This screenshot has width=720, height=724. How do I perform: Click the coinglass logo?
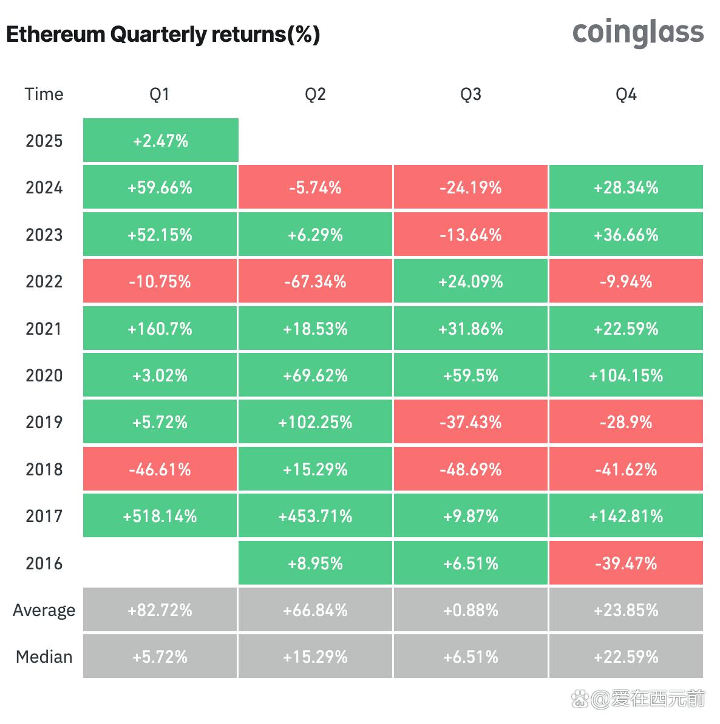coord(637,33)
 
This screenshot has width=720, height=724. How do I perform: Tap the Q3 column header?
coord(470,94)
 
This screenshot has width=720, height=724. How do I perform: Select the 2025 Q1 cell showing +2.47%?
coord(160,141)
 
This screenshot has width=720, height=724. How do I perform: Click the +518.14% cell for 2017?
coord(160,516)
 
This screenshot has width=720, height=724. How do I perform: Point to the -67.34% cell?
coord(316,281)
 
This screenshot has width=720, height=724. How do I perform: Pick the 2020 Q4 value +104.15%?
coord(626,375)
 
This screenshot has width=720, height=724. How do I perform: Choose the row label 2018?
coord(44,469)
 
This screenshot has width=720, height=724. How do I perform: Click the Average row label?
coord(44,610)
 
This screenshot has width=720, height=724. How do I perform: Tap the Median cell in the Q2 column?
coord(316,657)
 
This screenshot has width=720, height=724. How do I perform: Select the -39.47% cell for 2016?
coord(626,563)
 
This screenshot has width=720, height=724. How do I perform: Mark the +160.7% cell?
coord(160,329)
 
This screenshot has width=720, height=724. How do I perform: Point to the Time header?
coord(44,94)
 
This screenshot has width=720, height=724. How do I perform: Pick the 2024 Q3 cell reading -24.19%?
coord(470,187)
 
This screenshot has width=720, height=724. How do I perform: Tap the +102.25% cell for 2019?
coord(316,422)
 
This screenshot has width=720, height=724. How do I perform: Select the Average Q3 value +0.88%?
coord(470,610)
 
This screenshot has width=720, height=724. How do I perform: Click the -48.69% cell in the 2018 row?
coord(470,469)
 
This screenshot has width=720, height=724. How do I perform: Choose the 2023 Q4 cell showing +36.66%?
coord(626,235)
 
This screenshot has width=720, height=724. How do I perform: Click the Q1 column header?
coord(160,94)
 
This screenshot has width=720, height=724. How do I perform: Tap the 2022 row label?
coord(44,281)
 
